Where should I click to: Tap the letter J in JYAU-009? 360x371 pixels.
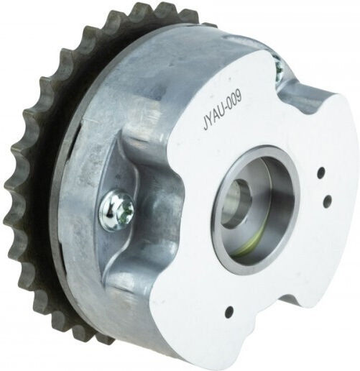tap(206, 127)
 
